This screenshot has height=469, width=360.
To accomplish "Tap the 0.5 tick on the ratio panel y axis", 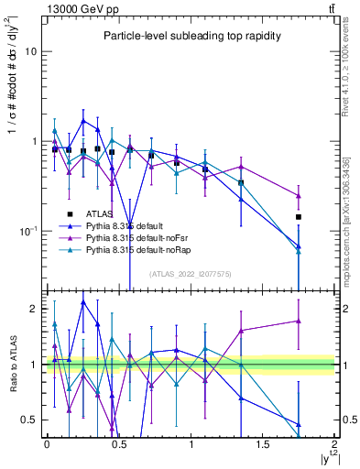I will pos(30,420).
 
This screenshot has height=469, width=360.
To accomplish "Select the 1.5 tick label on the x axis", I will pos(263,444).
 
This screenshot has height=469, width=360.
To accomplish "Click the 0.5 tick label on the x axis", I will pos(118,444).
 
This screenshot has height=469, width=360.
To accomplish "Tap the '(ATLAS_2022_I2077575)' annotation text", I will pos(191,273).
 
